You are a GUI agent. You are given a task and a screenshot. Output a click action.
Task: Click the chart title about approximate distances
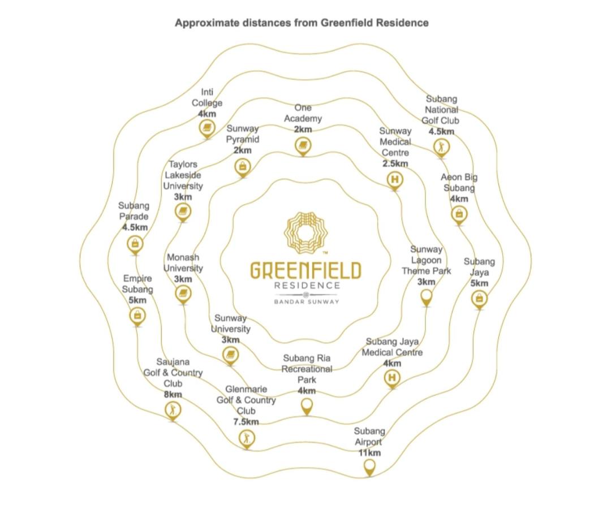(302, 23)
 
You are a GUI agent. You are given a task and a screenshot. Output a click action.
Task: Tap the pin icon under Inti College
(207, 129)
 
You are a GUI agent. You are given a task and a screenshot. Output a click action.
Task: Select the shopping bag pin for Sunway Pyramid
(242, 168)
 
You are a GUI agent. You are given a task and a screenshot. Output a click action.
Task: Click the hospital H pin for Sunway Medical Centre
(395, 181)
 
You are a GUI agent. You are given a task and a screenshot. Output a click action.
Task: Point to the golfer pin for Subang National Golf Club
(441, 148)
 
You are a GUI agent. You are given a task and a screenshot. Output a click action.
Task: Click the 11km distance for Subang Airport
(369, 453)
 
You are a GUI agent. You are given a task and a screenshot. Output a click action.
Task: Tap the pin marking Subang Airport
(369, 468)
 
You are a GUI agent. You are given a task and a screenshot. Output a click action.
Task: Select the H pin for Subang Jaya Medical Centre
(392, 378)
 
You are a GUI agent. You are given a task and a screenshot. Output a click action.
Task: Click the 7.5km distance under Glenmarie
(246, 422)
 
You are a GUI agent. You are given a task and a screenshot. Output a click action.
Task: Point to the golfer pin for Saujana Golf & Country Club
(173, 411)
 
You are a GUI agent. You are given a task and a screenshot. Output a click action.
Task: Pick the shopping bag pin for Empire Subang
(137, 316)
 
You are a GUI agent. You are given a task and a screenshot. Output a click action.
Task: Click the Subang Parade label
(134, 210)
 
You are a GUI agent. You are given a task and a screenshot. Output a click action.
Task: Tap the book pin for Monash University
(183, 295)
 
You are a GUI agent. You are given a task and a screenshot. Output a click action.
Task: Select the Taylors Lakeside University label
(183, 175)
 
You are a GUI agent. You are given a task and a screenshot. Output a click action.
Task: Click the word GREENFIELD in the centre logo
(305, 271)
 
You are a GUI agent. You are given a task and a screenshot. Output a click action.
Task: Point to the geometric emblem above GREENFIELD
(305, 231)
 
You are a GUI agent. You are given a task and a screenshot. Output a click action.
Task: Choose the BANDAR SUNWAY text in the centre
(306, 302)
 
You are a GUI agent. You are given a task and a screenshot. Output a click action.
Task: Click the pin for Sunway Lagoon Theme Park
(427, 298)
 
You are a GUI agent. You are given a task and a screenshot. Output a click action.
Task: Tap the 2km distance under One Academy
(303, 130)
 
